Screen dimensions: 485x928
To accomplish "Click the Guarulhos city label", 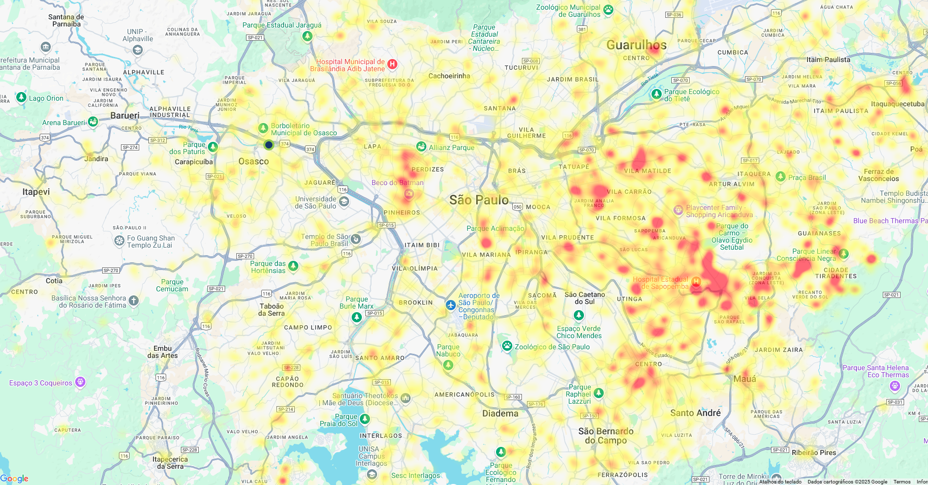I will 636,45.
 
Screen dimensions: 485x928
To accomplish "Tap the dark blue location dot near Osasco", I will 269,145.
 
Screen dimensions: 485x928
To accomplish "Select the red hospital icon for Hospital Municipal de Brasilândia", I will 392,64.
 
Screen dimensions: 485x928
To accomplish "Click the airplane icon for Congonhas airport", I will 451,305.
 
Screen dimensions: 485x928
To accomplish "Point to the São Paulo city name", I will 479,200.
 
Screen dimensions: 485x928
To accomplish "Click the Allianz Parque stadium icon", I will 421,147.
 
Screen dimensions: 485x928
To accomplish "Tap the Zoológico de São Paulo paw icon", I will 507,346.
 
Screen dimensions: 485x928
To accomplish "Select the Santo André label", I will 695,413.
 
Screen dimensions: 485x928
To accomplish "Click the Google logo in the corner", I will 14,478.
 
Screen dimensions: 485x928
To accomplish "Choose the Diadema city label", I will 500,413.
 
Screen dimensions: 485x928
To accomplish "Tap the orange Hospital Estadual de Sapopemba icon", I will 696,282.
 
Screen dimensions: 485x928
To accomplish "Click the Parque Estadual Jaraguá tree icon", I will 307,36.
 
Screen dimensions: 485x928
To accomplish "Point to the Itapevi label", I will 36,192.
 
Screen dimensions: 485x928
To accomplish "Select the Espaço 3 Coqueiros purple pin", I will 80,382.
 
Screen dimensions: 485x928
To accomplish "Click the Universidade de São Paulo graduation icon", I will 344,202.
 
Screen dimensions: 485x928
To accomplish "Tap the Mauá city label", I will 745,379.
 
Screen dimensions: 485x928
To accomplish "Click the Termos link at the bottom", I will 902,481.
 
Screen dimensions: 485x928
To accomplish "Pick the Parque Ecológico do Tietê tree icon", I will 657,94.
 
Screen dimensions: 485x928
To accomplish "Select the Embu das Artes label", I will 163,352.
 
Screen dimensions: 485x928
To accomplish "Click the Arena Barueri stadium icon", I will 93,122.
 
